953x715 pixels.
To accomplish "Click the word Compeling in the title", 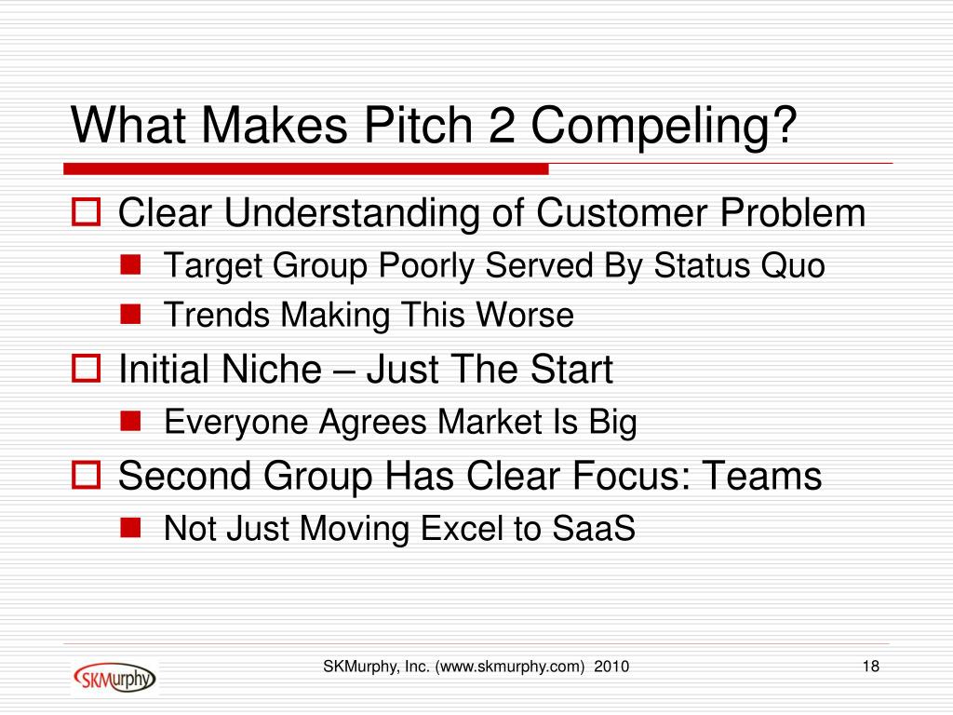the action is point(664,126).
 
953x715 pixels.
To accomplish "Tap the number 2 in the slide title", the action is point(502,126).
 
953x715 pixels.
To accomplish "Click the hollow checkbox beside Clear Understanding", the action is point(86,212).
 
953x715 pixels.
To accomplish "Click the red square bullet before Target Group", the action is point(130,265).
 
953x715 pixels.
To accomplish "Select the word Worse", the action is point(525,315).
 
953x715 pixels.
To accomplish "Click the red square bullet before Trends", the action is point(130,315).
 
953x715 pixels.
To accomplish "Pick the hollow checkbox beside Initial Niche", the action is point(86,369).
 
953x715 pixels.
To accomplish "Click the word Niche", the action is point(271,369).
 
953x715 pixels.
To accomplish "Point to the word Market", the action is point(490,422).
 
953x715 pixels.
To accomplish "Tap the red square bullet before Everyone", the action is point(130,421).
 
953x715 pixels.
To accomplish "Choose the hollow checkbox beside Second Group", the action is point(86,475).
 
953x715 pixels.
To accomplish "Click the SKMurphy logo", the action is point(114,678).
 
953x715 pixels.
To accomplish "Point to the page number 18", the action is point(871,667).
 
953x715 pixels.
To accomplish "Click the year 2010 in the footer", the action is point(611,667).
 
